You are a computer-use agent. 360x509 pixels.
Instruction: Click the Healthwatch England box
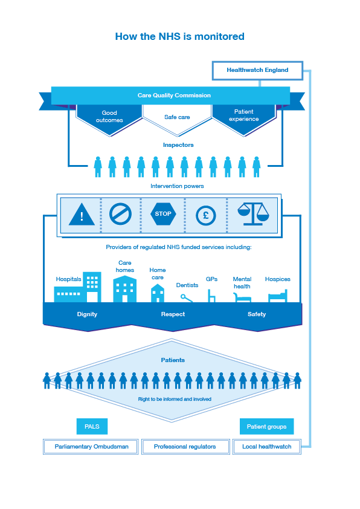pyautogui.click(x=257, y=70)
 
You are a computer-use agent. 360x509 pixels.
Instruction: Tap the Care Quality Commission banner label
pyautogui.click(x=174, y=96)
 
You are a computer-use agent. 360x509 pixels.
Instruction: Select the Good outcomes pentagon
pyautogui.click(x=109, y=118)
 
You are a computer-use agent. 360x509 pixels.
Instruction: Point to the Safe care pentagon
pyautogui.click(x=177, y=118)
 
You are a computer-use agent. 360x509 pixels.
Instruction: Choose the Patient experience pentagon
pyautogui.click(x=243, y=118)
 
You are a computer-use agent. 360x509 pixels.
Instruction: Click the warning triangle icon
pyautogui.click(x=82, y=215)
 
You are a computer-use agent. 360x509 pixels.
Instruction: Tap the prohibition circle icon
pyautogui.click(x=120, y=214)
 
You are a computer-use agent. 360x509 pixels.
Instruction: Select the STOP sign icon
pyautogui.click(x=163, y=214)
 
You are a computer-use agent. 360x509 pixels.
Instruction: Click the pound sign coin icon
pyautogui.click(x=205, y=215)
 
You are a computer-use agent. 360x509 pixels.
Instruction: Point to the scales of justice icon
pyautogui.click(x=253, y=214)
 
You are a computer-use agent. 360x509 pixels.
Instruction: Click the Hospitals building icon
pyautogui.click(x=78, y=287)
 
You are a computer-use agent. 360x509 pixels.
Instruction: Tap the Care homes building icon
pyautogui.click(x=125, y=289)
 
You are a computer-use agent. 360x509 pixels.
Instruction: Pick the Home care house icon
pyautogui.click(x=158, y=293)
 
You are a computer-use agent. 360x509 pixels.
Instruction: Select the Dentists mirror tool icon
pyautogui.click(x=187, y=298)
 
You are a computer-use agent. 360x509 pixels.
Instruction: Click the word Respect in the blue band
pyautogui.click(x=173, y=314)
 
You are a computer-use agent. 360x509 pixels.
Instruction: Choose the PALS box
pyautogui.click(x=92, y=427)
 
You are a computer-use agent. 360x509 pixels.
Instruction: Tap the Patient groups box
pyautogui.click(x=266, y=427)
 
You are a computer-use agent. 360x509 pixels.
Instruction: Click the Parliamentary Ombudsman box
pyautogui.click(x=91, y=447)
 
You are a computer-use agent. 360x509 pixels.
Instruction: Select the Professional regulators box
pyautogui.click(x=185, y=447)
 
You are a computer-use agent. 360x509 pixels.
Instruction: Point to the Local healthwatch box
pyautogui.click(x=266, y=447)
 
